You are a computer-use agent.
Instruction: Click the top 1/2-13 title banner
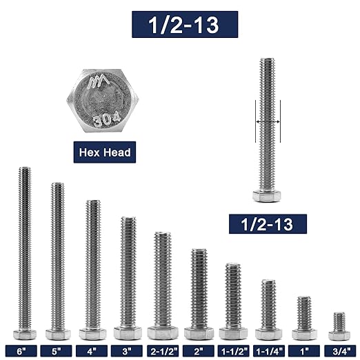point(184,24)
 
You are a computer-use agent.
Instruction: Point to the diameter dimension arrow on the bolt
point(268,121)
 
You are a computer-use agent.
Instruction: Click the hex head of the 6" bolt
point(23,334)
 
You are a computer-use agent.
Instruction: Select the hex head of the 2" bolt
point(198,332)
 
